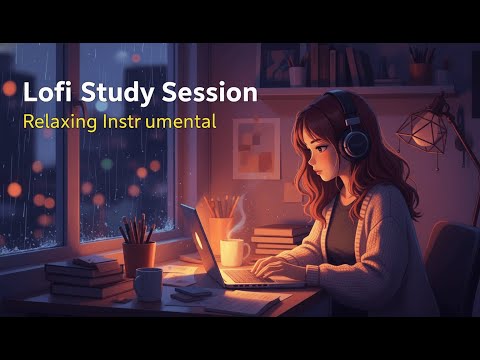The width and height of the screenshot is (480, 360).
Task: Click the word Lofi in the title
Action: pos(46,93)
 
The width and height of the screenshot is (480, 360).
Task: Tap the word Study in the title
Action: pos(112,93)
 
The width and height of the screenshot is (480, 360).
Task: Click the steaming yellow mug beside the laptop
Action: pos(232,252)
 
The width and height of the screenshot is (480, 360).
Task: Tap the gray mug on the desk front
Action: pos(148,284)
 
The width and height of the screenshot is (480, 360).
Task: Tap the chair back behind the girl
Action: pos(453,265)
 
